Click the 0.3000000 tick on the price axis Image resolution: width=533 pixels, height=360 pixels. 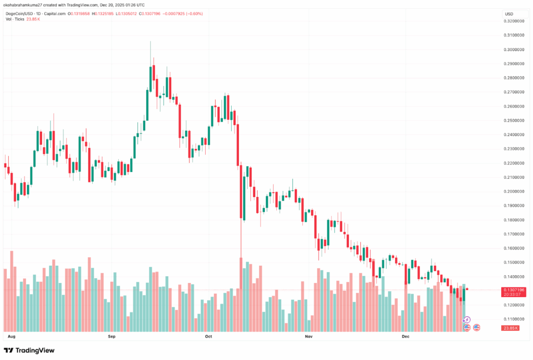tap(514, 49)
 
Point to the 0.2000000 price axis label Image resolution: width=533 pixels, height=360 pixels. tap(514, 191)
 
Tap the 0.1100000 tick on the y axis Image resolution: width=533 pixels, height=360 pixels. tap(514, 319)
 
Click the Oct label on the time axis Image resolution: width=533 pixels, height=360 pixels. tap(209, 337)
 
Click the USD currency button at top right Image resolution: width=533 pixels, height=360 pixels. tap(510, 14)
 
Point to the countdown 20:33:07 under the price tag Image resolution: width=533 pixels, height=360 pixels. tap(512, 295)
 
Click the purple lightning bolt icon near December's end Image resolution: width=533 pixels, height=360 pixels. tap(467, 319)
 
